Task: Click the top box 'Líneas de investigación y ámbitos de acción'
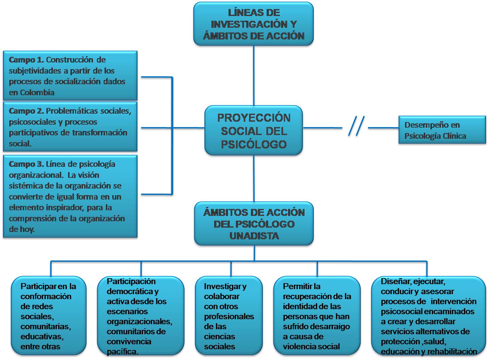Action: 253,24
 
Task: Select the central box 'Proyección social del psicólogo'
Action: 253,131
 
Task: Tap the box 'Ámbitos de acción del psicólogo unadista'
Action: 254,224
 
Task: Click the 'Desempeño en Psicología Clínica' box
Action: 442,130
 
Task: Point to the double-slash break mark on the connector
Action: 356,126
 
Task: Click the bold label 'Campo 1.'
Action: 26,60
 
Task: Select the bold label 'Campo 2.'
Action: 26,111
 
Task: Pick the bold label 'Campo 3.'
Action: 26,164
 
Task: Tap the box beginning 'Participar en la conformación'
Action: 48,316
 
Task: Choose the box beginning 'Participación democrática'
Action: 140,316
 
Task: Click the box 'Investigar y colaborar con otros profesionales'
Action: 229,316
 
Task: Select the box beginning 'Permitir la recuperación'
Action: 317,316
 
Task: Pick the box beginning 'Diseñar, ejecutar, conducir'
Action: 429,316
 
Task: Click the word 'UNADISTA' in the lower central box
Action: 254,236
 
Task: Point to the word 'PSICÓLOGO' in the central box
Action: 254,144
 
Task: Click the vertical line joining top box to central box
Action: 254,75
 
